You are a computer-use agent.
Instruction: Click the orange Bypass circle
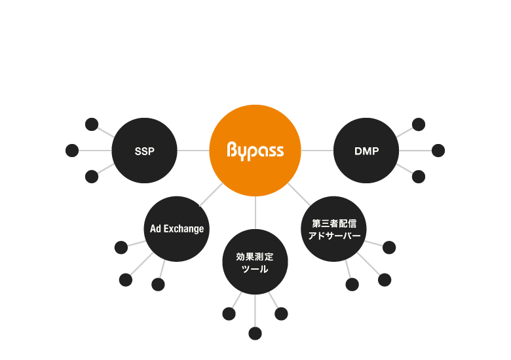[x=255, y=151]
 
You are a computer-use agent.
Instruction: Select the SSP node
[x=144, y=151]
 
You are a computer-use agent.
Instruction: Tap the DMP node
[x=366, y=151]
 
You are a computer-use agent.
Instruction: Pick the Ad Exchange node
[x=176, y=229]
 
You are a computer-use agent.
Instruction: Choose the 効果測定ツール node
[x=255, y=262]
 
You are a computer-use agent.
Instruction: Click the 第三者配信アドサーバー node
[x=334, y=229]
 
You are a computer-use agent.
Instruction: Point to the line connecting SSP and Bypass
[x=193, y=151]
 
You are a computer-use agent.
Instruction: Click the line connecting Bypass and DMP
[x=317, y=151]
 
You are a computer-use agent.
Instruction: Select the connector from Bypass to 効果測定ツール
[x=255, y=213]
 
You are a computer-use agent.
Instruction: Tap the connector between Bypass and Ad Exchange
[x=211, y=195]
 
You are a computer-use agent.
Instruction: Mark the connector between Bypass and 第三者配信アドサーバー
[x=299, y=194]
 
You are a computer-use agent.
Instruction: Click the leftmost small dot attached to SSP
[x=72, y=151]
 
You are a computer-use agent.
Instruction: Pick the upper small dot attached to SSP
[x=92, y=124]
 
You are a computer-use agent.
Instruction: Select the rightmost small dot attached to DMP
[x=438, y=151]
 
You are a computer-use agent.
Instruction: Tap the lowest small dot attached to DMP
[x=419, y=177]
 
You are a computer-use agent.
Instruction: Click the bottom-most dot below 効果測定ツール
[x=255, y=334]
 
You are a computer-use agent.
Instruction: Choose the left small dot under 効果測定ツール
[x=229, y=314]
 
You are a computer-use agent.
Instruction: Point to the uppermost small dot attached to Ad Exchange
[x=121, y=247]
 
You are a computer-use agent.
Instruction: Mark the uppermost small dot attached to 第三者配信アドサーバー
[x=389, y=247]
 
